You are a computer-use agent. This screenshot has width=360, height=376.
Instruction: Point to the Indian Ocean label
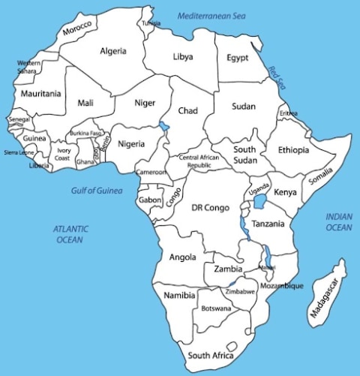click(x=338, y=222)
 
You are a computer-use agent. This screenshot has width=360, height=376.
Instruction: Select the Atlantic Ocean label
click(x=70, y=234)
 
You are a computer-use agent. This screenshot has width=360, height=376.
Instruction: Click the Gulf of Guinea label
click(x=97, y=191)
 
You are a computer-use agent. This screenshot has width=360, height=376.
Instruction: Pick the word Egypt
click(x=237, y=58)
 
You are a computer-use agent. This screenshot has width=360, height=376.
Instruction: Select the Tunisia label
click(x=151, y=23)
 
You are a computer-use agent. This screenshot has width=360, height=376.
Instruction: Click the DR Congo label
click(x=208, y=207)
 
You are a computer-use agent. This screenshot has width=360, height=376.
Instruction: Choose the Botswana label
click(x=215, y=308)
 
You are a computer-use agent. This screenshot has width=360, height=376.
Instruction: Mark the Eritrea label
click(x=288, y=113)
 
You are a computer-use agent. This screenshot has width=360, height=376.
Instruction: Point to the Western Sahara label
click(x=28, y=67)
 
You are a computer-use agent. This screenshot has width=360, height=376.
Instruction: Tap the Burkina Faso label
click(x=85, y=133)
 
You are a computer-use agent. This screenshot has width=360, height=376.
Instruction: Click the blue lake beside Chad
click(x=165, y=128)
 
